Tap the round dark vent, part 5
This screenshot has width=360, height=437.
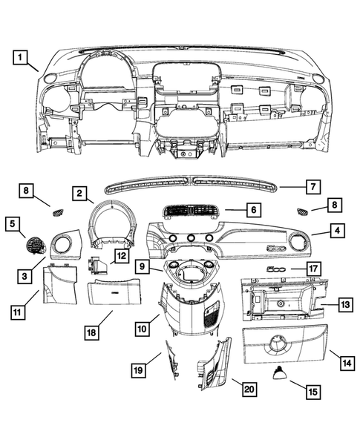35,246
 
